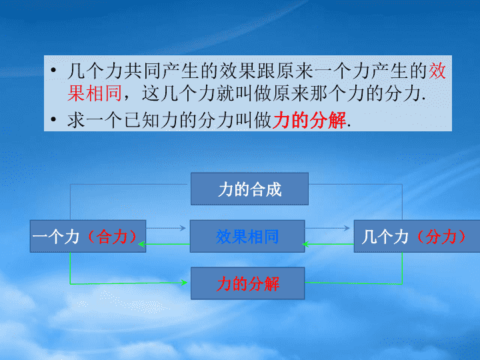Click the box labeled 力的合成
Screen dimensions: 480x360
(249, 189)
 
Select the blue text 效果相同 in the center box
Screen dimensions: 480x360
(247, 237)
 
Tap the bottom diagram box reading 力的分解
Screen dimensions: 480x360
(247, 283)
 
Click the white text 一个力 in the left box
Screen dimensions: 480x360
(56, 237)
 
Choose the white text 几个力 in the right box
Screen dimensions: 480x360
(385, 237)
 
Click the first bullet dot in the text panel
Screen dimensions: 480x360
(53, 71)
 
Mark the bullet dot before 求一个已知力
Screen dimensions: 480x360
(53, 119)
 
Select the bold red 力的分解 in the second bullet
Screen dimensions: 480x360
(309, 120)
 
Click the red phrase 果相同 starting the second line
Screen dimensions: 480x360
(95, 93)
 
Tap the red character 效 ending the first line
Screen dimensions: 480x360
(437, 71)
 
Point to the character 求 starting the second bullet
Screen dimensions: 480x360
(76, 120)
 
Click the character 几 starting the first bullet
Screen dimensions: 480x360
(76, 71)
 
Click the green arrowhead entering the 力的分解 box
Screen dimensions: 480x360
(184, 283)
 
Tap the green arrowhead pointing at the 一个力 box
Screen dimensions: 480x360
(141, 244)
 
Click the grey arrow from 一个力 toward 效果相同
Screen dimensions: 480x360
(166, 228)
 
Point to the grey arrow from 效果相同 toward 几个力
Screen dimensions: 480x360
(327, 228)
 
